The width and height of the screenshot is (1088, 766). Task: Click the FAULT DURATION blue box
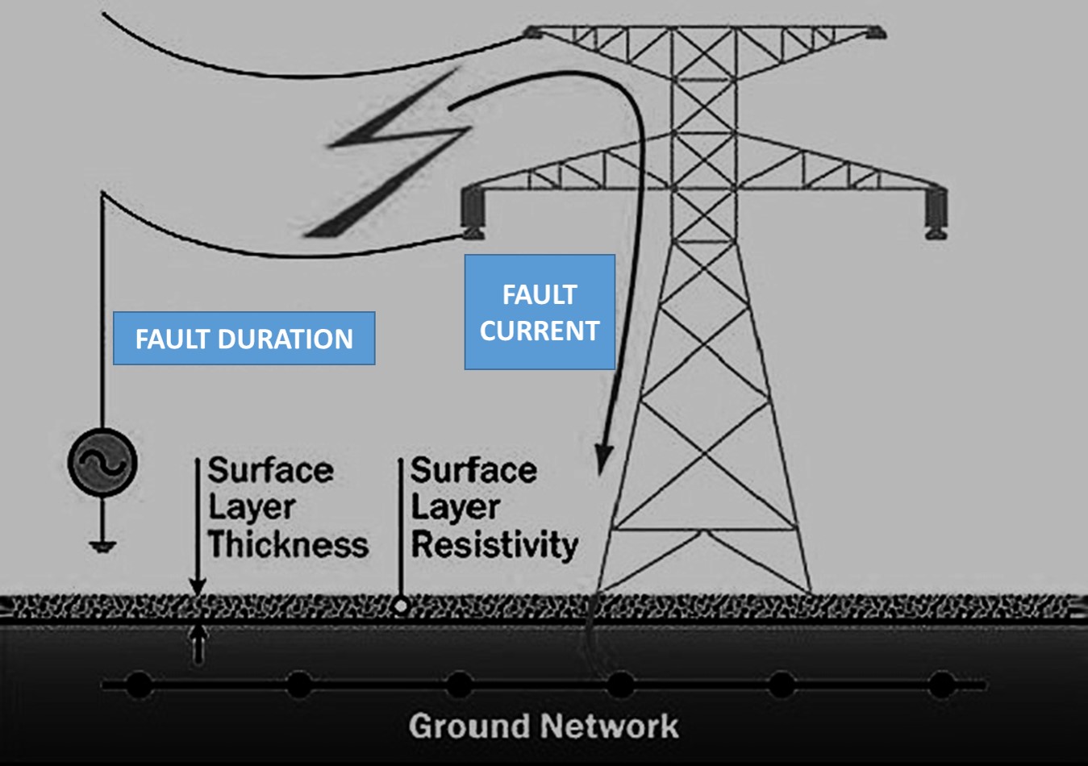pos(244,338)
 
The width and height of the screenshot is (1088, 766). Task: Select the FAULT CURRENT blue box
pos(540,312)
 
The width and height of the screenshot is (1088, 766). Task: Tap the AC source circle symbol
pos(102,462)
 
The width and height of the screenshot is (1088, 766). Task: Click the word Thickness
pos(288,544)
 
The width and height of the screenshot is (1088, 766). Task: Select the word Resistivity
pos(494,544)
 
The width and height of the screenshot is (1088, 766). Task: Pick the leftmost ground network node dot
pos(139,685)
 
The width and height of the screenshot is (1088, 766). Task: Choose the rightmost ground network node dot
pos(941,685)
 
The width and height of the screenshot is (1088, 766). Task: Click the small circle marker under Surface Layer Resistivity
pos(401,606)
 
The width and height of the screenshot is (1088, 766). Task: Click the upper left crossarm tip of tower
pos(532,33)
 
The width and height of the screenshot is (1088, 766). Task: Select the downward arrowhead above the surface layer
pos(198,587)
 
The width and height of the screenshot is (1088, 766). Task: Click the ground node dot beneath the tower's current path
pos(619,685)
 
